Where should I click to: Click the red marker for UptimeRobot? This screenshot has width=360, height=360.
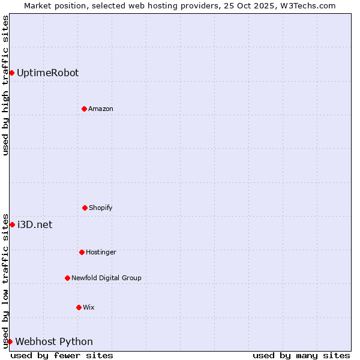click(x=11, y=73)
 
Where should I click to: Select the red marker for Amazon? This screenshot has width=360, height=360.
click(x=84, y=109)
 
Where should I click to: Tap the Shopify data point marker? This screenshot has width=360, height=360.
click(x=85, y=208)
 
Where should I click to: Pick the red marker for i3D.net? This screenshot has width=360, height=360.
click(x=12, y=224)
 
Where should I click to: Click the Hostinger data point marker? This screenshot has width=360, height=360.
click(x=82, y=252)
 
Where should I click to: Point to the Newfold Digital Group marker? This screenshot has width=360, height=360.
click(x=67, y=278)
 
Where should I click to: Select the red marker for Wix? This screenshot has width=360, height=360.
click(x=79, y=307)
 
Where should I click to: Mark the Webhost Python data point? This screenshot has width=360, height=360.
click(x=10, y=341)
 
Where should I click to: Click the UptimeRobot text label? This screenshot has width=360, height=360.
click(x=47, y=73)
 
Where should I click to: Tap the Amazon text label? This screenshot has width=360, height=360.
click(x=101, y=109)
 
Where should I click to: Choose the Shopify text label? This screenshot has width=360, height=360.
click(x=101, y=208)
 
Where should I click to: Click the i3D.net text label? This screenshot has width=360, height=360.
click(x=35, y=224)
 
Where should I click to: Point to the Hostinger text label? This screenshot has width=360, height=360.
click(x=101, y=252)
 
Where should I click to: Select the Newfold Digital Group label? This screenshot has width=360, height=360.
click(x=106, y=278)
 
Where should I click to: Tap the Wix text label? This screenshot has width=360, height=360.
click(x=89, y=307)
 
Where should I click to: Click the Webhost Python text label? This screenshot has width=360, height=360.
click(x=54, y=341)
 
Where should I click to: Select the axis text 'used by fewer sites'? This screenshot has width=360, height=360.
click(x=62, y=355)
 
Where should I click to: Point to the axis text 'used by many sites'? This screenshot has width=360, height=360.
click(x=301, y=355)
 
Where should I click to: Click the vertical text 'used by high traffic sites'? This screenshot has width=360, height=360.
click(x=5, y=85)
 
